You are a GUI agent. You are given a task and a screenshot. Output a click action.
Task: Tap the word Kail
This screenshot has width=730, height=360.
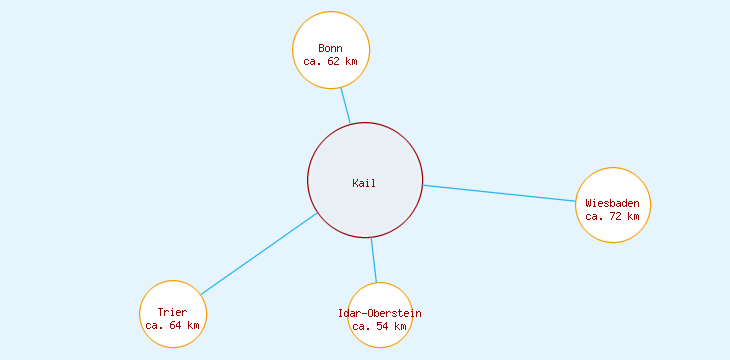point(364,183)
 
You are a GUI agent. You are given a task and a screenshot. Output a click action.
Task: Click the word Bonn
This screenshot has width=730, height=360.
point(330,48)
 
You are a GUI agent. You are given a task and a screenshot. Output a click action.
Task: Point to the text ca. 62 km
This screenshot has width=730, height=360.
point(330,61)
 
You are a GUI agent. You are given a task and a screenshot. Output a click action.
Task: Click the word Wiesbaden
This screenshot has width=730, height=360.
point(613,203)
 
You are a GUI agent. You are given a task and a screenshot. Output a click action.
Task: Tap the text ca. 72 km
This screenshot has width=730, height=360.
point(612,216)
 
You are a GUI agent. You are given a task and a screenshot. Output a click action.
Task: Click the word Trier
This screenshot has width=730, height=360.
point(172,312)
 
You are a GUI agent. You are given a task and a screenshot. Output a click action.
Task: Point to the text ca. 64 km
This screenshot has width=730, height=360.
point(172,325)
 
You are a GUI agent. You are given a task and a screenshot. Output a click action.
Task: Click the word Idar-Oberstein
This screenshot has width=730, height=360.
point(380,313)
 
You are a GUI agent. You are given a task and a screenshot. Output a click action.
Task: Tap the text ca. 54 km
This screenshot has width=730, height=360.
point(380,326)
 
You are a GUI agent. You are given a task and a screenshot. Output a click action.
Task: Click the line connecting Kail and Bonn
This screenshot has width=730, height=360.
point(345,105)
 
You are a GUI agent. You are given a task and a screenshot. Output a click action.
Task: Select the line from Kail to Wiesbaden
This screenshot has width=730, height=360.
point(500,193)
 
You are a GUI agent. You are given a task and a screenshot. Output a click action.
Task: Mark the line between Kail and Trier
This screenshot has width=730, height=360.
point(258,254)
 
